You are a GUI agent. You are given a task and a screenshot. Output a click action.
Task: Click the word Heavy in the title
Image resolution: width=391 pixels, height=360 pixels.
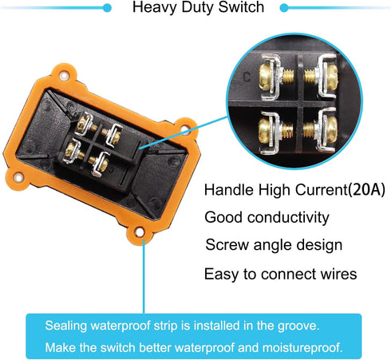[154, 7]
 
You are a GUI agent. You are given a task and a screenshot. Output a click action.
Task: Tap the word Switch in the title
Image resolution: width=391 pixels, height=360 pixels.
[241, 6]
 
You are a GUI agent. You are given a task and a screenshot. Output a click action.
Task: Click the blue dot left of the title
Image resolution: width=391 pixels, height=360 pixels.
[107, 8]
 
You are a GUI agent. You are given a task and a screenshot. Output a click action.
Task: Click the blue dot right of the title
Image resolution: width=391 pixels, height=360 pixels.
[284, 8]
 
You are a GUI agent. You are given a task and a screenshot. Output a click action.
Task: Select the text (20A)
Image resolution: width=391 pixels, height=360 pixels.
[366, 190]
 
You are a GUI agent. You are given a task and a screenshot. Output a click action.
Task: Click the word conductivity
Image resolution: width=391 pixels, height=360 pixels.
[288, 217]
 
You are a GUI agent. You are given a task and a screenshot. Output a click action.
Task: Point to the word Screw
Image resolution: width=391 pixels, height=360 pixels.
[227, 245]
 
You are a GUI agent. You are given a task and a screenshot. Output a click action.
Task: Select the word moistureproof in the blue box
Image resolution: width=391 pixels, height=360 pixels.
[302, 348]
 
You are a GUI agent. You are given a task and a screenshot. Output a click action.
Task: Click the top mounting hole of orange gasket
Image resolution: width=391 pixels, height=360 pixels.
[64, 76]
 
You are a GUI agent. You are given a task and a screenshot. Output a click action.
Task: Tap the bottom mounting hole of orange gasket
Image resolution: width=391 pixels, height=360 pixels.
[139, 232]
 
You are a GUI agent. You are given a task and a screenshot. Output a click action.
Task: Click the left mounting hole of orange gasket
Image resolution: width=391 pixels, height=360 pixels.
[18, 177]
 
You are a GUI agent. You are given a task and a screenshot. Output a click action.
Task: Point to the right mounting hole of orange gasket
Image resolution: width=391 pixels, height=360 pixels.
[185, 129]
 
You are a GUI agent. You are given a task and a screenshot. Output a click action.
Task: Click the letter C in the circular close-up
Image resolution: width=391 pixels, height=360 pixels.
[247, 77]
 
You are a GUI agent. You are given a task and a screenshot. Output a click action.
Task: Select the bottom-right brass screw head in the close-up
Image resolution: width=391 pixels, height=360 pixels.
[330, 129]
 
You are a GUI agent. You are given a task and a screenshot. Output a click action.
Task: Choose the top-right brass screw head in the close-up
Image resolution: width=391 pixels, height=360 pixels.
[330, 76]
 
